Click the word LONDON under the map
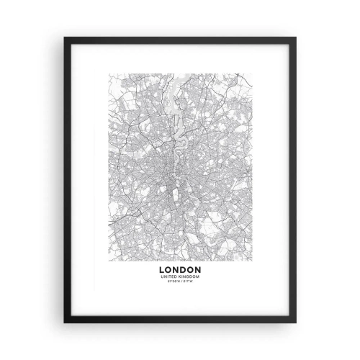(180, 271)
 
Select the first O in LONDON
(172, 271)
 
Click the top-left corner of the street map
(109, 72)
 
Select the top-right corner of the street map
(252, 72)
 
